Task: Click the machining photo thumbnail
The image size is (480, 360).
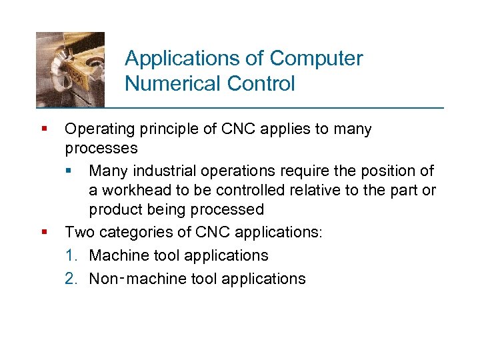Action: pyautogui.click(x=70, y=69)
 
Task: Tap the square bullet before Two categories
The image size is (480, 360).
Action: pyautogui.click(x=43, y=232)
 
